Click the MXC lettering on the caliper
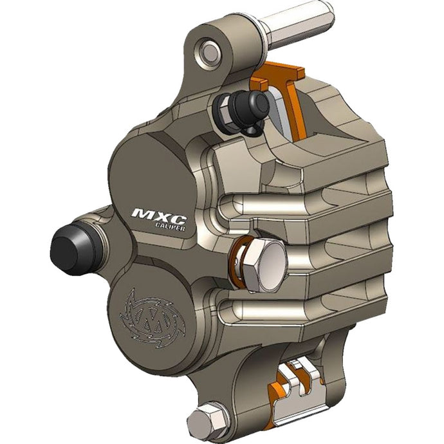point(153,214)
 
